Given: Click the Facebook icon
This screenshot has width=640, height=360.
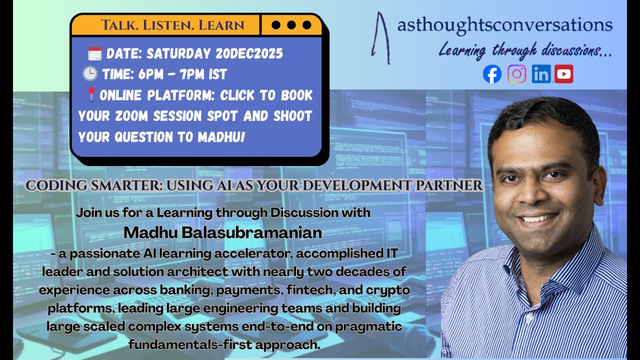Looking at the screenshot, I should coord(492,74).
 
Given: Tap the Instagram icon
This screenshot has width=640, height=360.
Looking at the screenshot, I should coord(516,74).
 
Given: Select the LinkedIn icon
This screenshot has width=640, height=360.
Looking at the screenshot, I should coord(540,74).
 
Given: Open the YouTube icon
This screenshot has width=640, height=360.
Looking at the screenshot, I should coord(563,74).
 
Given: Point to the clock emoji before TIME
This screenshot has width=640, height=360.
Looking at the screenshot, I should coord(90,74).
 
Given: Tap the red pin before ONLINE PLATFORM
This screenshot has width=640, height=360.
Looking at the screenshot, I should coord(91,94).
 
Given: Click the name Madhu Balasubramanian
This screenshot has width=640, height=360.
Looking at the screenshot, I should coord(222,233).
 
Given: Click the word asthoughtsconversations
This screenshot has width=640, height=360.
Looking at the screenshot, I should coord(504,25).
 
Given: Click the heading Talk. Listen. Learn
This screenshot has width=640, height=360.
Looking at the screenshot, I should coord(172,25).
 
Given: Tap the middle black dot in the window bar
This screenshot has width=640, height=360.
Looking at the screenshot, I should coord(291,25).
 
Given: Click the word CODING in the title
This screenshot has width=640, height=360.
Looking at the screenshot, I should coord(53,186).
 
